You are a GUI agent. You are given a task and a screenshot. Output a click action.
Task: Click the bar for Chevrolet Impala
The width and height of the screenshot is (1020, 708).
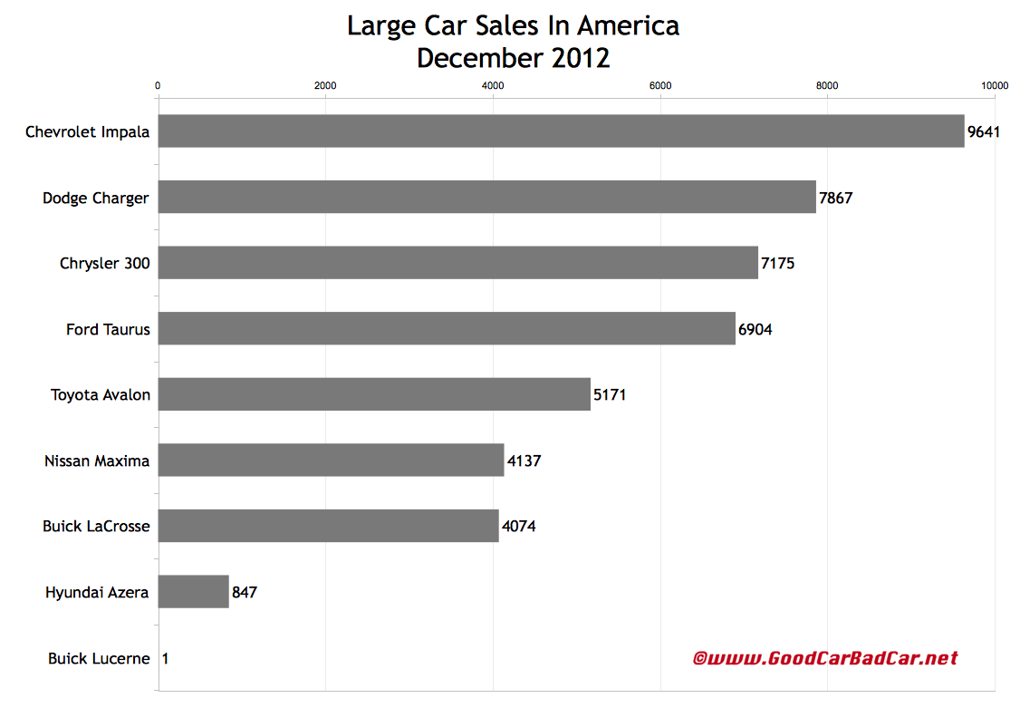tap(561, 131)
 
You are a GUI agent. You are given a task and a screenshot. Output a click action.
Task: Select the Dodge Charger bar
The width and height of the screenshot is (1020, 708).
tap(486, 197)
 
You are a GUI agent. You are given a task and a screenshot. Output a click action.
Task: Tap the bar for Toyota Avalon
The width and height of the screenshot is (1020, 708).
tap(374, 394)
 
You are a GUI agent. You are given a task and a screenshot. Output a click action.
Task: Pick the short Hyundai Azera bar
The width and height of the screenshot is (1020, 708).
tap(194, 591)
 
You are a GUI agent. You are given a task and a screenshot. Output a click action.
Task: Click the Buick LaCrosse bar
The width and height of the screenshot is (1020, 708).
tap(328, 526)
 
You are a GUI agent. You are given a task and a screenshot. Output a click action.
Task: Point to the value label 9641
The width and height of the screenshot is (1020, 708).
tap(983, 131)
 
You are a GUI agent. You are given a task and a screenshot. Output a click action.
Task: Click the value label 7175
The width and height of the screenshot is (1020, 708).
tap(777, 263)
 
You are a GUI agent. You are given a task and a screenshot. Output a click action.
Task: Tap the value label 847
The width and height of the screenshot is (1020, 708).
tap(245, 592)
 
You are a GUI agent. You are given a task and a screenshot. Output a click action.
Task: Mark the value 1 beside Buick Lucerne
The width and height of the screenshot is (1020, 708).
tap(165, 658)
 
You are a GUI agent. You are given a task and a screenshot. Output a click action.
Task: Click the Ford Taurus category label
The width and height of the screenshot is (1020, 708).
tap(108, 329)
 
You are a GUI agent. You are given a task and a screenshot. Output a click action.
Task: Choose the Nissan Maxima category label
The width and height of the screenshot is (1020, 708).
tap(97, 461)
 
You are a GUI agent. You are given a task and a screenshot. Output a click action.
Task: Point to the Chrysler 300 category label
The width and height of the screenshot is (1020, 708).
tap(105, 263)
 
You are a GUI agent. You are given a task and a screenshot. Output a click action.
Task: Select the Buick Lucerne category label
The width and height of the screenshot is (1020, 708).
tap(99, 658)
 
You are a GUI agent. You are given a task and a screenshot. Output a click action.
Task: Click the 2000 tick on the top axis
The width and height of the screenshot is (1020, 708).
tap(325, 85)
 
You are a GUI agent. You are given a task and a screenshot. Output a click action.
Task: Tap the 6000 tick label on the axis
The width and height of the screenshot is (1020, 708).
tap(660, 85)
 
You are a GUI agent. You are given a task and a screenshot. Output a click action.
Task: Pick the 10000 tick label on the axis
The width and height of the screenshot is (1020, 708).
tap(996, 85)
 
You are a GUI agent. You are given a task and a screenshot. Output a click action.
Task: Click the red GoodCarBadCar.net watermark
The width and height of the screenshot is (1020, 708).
tap(824, 658)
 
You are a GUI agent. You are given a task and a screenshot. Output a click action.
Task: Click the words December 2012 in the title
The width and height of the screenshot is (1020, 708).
tap(513, 58)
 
